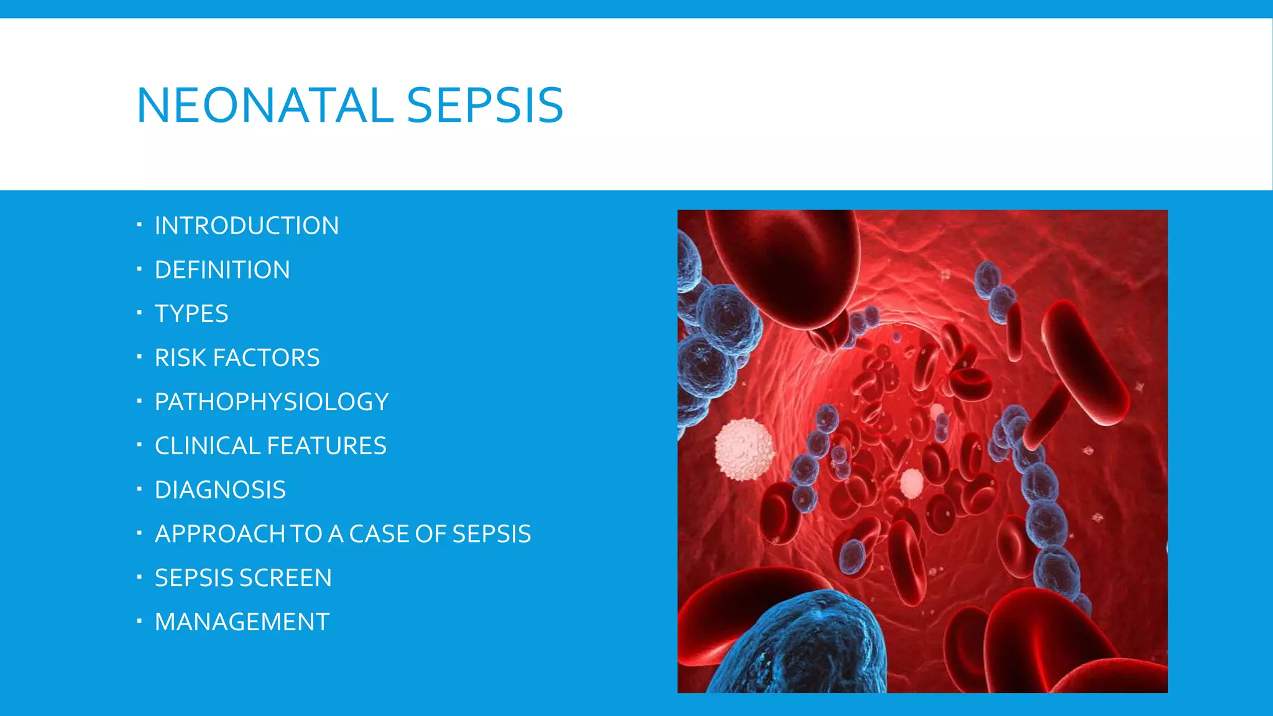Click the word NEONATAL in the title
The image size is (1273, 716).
coord(264,105)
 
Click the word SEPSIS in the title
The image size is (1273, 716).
coord(485,105)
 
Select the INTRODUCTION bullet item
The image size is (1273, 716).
coord(246,226)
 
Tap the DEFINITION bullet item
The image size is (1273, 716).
coord(222,270)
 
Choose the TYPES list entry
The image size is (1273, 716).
coord(191,314)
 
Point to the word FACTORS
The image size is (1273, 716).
coord(266,358)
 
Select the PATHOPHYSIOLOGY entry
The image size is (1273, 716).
coord(272,402)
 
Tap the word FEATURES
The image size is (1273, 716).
coord(326,446)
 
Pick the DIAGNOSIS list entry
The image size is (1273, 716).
coord(220,490)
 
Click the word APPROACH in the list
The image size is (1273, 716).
coord(221,535)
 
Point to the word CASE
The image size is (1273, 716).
coord(379,535)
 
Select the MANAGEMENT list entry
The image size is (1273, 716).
coord(242,622)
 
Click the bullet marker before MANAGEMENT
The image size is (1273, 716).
coord(140,620)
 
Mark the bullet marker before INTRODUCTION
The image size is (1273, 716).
coord(140,224)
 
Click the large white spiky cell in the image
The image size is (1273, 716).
coord(744,449)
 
